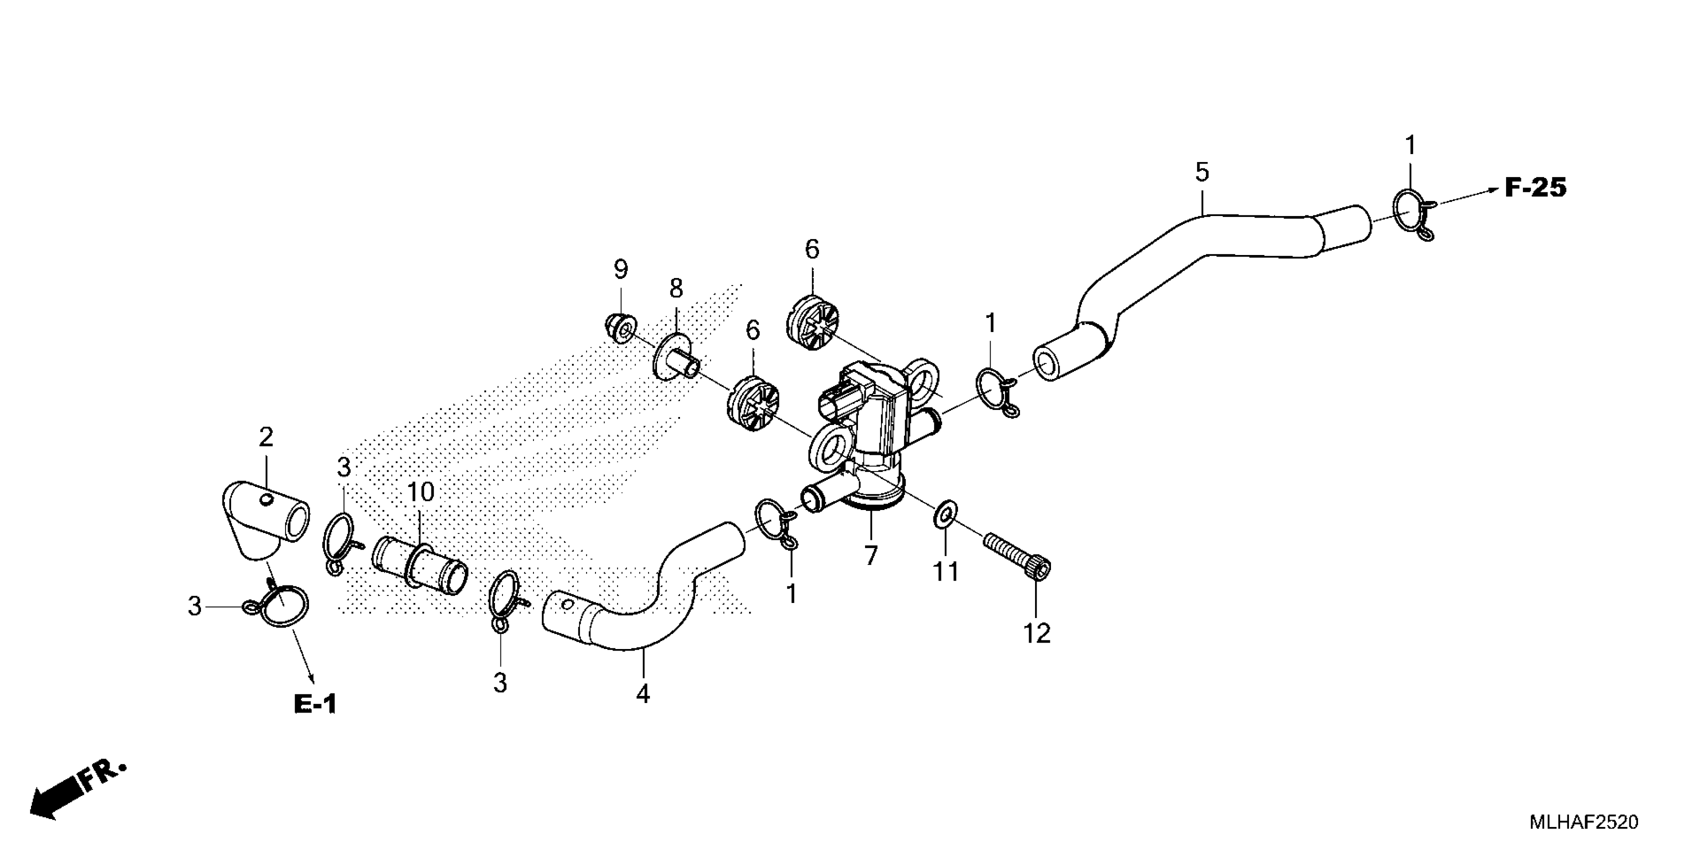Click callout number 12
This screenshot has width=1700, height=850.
pyautogui.click(x=1036, y=633)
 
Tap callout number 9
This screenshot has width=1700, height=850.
pyautogui.click(x=620, y=269)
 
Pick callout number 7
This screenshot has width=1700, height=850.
pyautogui.click(x=871, y=555)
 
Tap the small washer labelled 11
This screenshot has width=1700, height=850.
pyautogui.click(x=945, y=513)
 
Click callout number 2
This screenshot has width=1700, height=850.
pyautogui.click(x=265, y=437)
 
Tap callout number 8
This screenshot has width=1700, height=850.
pyautogui.click(x=676, y=288)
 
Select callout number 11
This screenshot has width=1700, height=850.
pyautogui.click(x=945, y=571)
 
